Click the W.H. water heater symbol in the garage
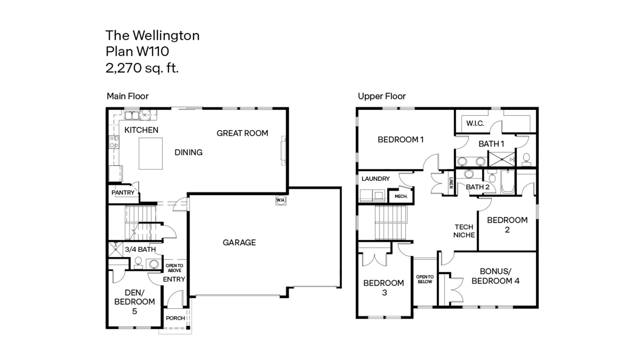pyautogui.click(x=281, y=200)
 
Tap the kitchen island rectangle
pyautogui.click(x=151, y=154)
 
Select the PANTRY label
pyautogui.click(x=123, y=193)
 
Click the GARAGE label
pyautogui.click(x=239, y=242)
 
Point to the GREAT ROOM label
pyautogui.click(x=242, y=133)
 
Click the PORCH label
pyautogui.click(x=175, y=318)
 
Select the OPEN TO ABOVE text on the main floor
pyautogui.click(x=174, y=268)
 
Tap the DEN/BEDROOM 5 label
pyautogui.click(x=134, y=302)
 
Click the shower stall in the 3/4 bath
pyautogui.click(x=116, y=249)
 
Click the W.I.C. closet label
pyautogui.click(x=475, y=123)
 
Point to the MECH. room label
pyautogui.click(x=401, y=196)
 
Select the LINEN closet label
pyautogui.click(x=451, y=183)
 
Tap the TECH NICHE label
pyautogui.click(x=464, y=231)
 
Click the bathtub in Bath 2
pyautogui.click(x=508, y=182)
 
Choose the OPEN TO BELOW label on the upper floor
pyautogui.click(x=425, y=279)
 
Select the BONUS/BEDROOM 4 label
pyautogui.click(x=495, y=276)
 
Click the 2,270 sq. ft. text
pyautogui.click(x=142, y=68)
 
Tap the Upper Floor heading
pyautogui.click(x=382, y=96)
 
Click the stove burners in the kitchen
pyautogui.click(x=114, y=142)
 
